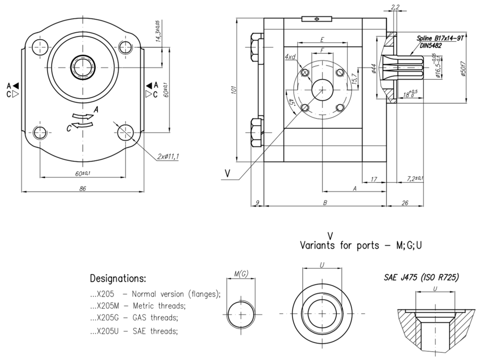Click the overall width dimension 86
(83, 189)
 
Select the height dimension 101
(234, 90)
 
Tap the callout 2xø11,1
(168, 156)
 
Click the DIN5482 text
(428, 46)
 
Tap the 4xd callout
(290, 57)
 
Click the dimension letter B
(325, 203)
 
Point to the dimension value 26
(404, 203)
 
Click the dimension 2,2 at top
(395, 7)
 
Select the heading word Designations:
(118, 279)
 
